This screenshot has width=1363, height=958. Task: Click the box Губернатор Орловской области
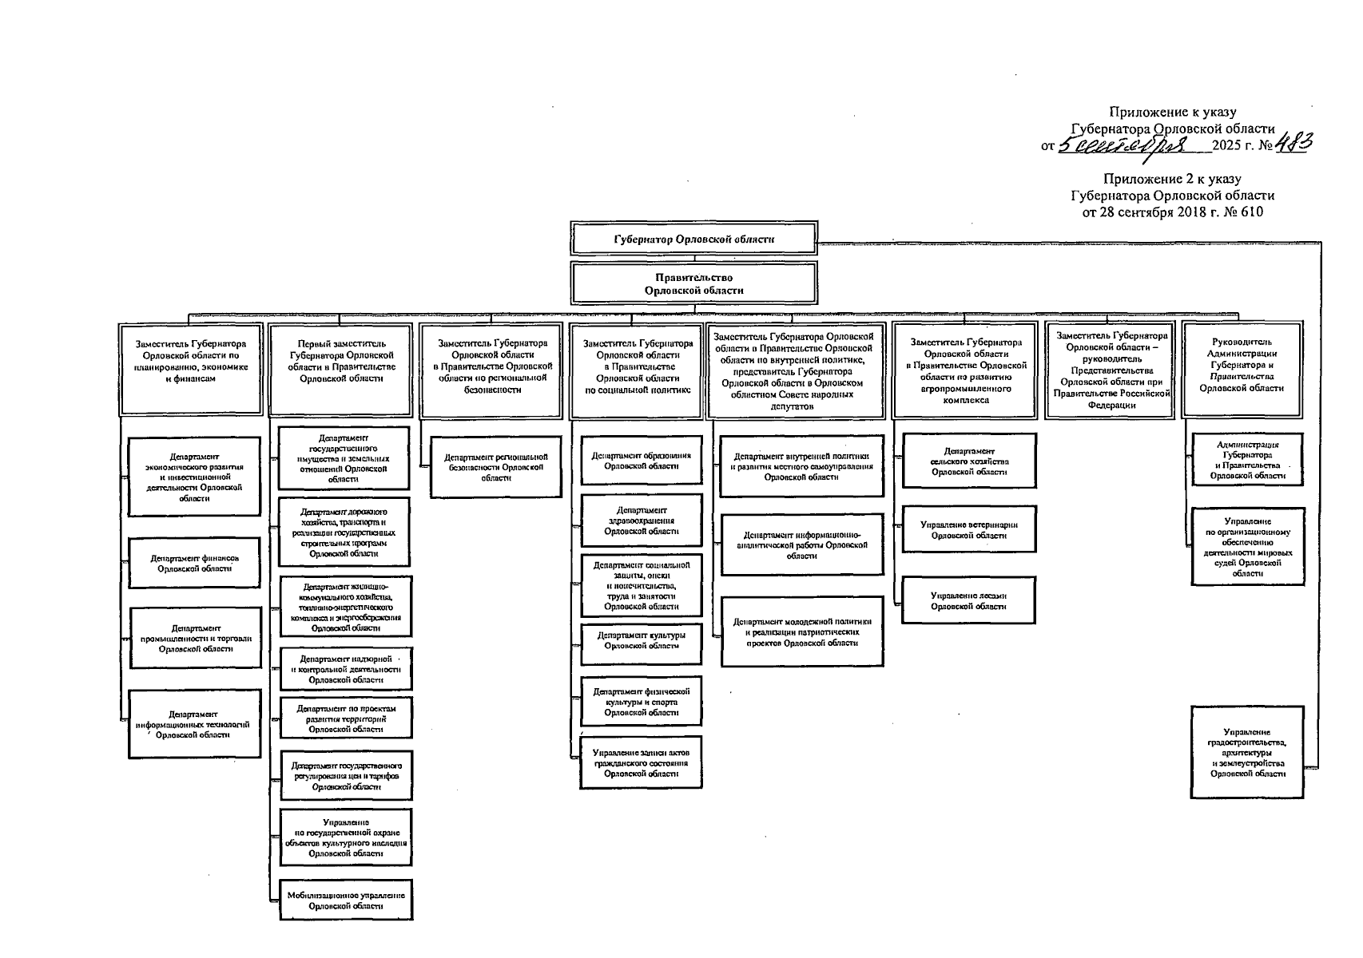(x=693, y=239)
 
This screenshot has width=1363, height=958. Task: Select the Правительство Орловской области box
(x=693, y=284)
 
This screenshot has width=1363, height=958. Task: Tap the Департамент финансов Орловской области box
(x=194, y=564)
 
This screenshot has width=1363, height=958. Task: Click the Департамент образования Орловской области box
(x=641, y=461)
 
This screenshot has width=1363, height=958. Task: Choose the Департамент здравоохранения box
(x=641, y=521)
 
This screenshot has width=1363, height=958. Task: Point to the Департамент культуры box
(x=641, y=641)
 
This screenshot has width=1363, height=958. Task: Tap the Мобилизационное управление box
(x=346, y=901)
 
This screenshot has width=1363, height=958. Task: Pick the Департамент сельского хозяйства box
(x=968, y=461)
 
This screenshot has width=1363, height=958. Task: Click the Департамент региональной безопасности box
(x=495, y=467)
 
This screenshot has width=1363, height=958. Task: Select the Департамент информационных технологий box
(x=194, y=724)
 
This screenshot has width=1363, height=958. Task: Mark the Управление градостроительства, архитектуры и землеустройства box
(x=1246, y=752)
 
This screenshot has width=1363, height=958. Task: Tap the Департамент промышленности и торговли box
(x=194, y=639)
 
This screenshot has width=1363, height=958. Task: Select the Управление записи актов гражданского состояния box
(x=641, y=763)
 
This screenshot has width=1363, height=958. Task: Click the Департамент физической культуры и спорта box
(x=641, y=702)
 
